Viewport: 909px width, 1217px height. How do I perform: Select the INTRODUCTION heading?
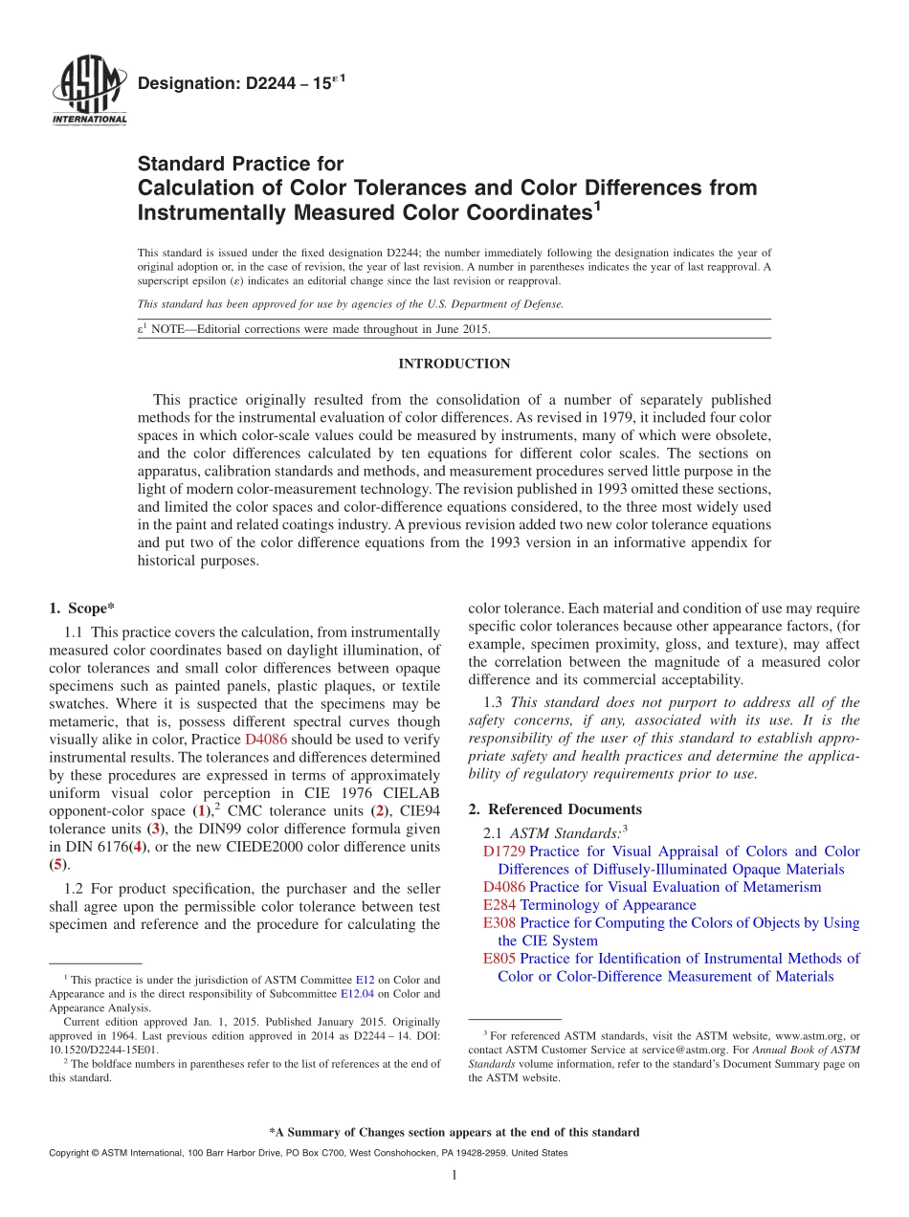pos(454,364)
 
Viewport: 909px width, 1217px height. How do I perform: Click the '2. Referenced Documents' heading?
pos(555,808)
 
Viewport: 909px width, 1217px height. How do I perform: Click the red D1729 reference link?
pos(504,852)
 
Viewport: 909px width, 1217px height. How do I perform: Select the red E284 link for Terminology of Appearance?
pos(499,905)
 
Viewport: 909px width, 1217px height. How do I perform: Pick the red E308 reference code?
pos(499,923)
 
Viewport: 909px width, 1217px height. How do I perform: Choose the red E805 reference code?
pos(499,959)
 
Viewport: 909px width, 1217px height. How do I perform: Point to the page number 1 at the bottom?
pos(454,1176)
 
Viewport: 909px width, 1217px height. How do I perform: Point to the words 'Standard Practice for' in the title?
pos(240,164)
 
